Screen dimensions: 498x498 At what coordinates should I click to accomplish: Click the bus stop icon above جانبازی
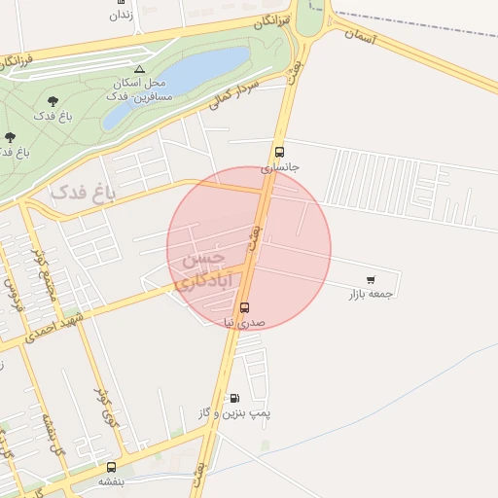280,152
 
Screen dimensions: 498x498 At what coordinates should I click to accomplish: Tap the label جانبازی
281,167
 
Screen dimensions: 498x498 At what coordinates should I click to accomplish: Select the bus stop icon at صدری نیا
243,307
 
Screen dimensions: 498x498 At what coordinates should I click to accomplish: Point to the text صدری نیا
243,322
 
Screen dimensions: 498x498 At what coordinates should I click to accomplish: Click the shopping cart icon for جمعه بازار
371,279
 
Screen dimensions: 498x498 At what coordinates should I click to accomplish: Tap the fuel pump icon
233,398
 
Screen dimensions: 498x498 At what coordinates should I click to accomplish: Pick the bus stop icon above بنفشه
111,467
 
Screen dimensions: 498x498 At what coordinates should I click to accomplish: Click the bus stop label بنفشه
112,481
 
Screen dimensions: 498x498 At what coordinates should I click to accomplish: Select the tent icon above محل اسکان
140,69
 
